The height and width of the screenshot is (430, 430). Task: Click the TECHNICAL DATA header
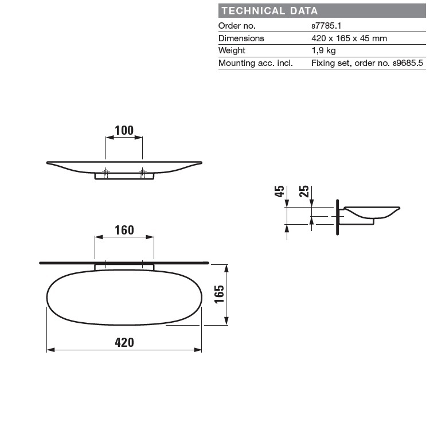click(269, 11)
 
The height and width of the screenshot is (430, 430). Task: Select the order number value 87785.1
click(326, 26)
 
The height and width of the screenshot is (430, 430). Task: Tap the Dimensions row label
click(241, 38)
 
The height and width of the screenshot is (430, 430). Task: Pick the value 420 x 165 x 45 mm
click(349, 38)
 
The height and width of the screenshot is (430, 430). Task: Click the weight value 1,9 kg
click(323, 50)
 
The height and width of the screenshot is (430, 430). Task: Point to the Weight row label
click(232, 50)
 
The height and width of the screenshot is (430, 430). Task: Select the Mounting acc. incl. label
click(256, 63)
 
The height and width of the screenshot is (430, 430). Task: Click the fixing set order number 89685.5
click(408, 63)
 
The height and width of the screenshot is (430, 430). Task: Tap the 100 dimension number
click(124, 131)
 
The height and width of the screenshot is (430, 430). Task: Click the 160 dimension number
click(124, 230)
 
